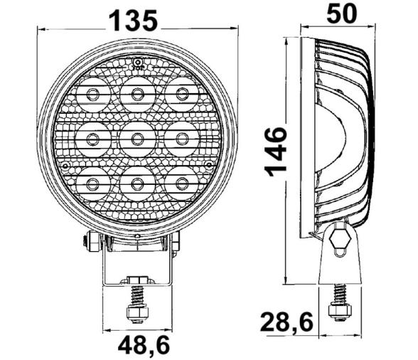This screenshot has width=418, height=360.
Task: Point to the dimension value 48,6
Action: click(136, 346)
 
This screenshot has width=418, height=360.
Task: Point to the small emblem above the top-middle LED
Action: click(136, 63)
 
